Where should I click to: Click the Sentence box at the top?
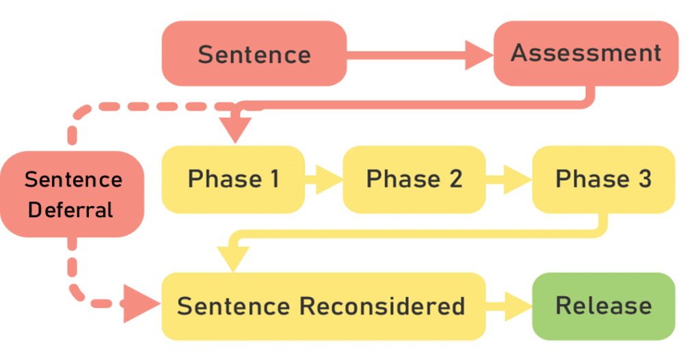coord(254,53)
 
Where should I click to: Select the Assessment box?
coord(586,53)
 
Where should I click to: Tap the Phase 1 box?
coord(233,180)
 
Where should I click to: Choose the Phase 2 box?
coord(414,180)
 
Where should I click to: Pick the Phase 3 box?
coord(604,180)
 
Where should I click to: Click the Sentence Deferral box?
coord(72,195)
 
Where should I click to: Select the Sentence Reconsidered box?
coord(323,307)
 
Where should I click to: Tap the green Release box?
coord(604,307)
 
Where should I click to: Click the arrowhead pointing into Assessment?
coord(479,55)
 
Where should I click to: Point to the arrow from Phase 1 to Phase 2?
coord(323,180)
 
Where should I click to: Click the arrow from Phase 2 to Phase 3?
coord(509,180)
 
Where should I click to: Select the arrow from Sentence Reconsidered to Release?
coord(509,307)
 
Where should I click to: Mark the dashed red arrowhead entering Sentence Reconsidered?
coord(142,304)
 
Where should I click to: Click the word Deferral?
coord(70,210)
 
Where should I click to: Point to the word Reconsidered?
coord(382,307)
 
